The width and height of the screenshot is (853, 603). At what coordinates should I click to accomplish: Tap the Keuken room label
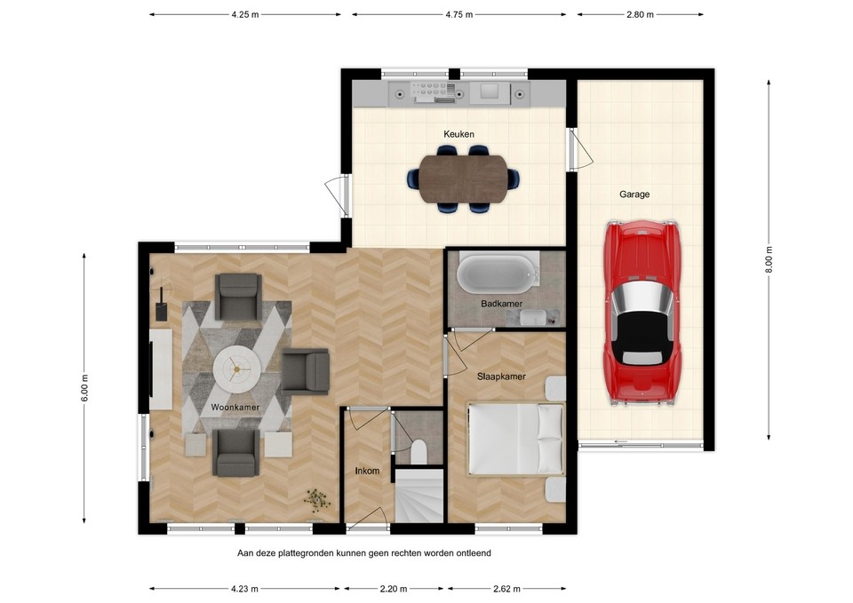coord(458,134)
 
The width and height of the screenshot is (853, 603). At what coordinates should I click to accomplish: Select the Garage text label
coord(634,194)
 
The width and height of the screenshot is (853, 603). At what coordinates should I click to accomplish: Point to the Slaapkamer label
coord(500,377)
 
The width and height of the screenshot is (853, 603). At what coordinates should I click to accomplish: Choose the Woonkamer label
coord(235,408)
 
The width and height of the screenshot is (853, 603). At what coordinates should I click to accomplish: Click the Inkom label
coord(368,472)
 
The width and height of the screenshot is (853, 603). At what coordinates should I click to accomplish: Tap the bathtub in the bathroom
coord(498,272)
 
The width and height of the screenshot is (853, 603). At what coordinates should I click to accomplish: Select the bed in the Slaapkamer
coord(516,440)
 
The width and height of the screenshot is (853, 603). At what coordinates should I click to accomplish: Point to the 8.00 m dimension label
coord(769,260)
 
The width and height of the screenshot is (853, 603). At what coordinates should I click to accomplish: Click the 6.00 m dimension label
coord(84,387)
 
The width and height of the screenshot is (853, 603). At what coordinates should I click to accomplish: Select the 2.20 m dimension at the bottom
coord(393,589)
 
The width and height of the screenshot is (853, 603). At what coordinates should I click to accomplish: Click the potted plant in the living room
coord(315,499)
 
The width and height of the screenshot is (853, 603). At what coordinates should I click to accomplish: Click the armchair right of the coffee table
coord(306,370)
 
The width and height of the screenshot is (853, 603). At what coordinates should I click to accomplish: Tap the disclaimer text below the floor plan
coord(363,552)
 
